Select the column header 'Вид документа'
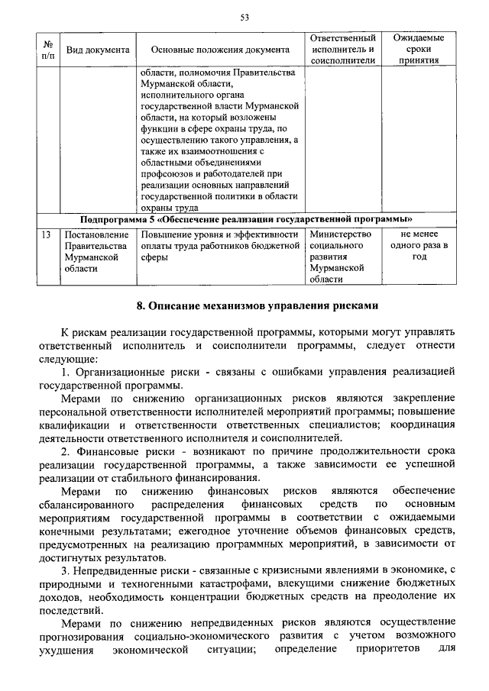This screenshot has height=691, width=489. click(97, 50)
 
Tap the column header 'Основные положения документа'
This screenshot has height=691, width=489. click(221, 50)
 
